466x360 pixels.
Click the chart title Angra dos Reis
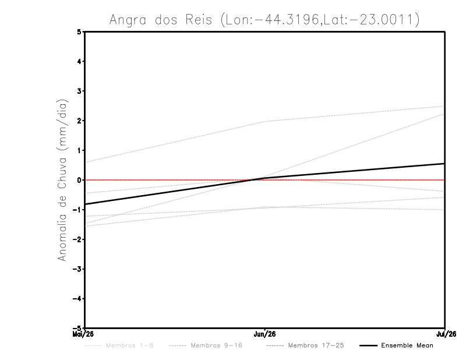pyautogui.click(x=264, y=19)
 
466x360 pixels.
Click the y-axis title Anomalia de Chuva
pyautogui.click(x=62, y=180)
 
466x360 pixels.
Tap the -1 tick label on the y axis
pyautogui.click(x=78, y=210)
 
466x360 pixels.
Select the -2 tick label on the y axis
pyautogui.click(x=78, y=239)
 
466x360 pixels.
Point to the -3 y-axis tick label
pyautogui.click(x=78, y=269)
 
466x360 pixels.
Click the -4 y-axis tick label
pyautogui.click(x=78, y=299)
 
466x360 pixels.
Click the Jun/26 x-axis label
pyautogui.click(x=265, y=334)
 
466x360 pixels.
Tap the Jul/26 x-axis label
pyautogui.click(x=445, y=334)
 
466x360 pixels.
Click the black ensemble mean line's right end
pyautogui.click(x=444, y=164)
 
